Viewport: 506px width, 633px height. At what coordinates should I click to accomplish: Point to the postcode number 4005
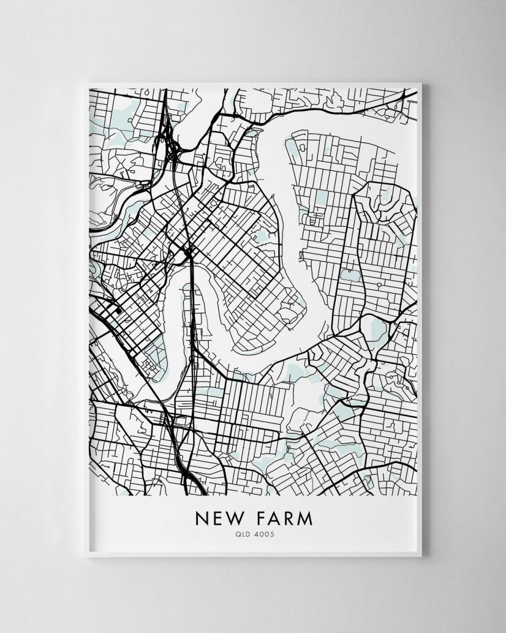pyautogui.click(x=262, y=534)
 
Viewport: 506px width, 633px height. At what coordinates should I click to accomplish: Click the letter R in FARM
pyautogui.click(x=291, y=518)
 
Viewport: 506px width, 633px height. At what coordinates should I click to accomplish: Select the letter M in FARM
pyautogui.click(x=307, y=518)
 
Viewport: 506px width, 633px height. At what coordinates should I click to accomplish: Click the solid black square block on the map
pyautogui.click(x=118, y=311)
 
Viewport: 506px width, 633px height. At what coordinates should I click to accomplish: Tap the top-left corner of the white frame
pyautogui.click(x=85, y=84)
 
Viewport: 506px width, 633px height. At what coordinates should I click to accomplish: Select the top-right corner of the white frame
pyautogui.click(x=421, y=84)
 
